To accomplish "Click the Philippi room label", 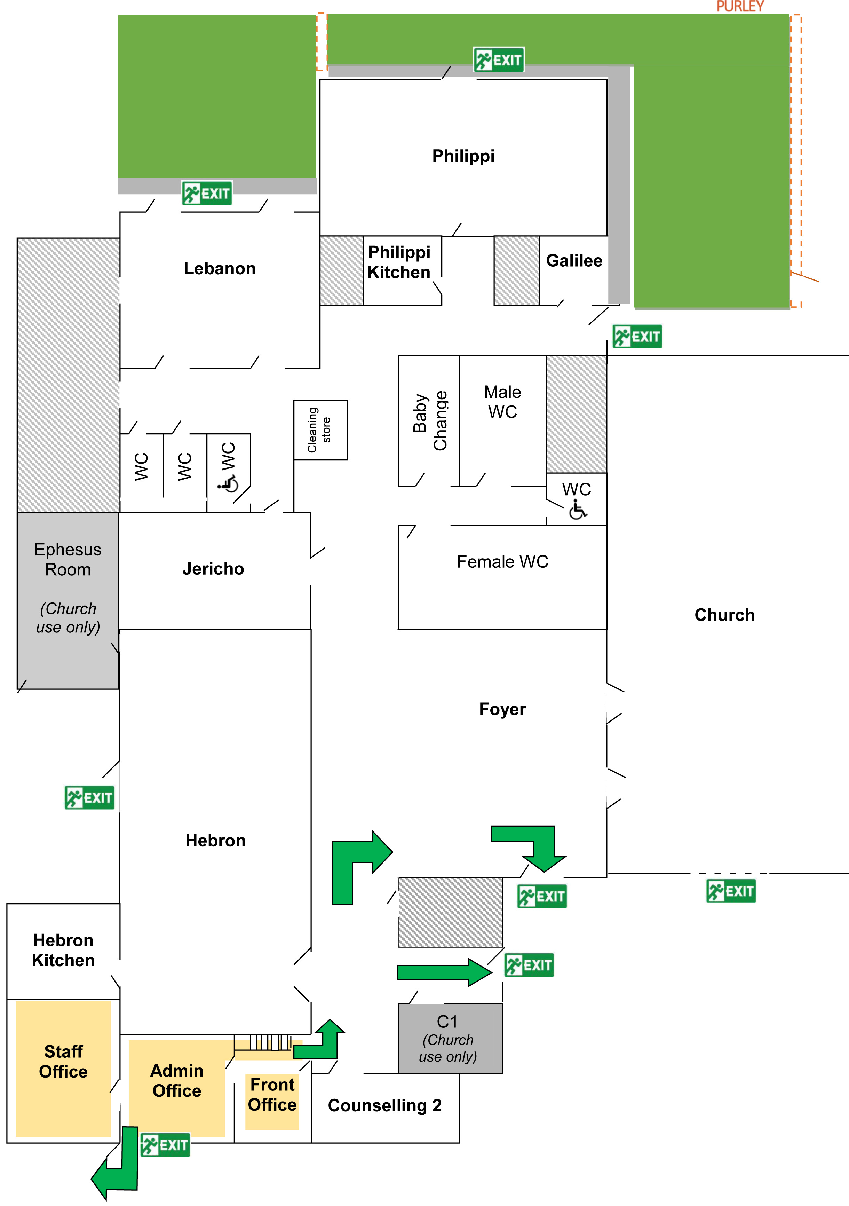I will [463, 156].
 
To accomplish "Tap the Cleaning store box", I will [320, 429].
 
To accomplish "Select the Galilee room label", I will [574, 261].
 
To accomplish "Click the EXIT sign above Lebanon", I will [207, 193].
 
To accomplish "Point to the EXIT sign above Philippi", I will [498, 60].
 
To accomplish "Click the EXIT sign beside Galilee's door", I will [637, 336].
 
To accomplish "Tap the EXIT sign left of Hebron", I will [89, 797].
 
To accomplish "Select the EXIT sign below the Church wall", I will [731, 891].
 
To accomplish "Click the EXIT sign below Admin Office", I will [165, 1144].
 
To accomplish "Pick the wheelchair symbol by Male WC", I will [578, 510].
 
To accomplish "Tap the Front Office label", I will [272, 1095].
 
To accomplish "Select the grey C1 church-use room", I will [450, 1038].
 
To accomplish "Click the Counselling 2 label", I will [384, 1105].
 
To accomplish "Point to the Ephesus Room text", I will [68, 559].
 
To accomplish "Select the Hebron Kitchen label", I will [63, 950].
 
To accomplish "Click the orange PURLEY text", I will [739, 6].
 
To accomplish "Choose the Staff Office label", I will [63, 1061].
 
